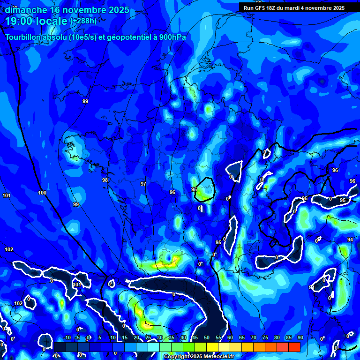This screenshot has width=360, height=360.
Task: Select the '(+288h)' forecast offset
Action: [83, 21]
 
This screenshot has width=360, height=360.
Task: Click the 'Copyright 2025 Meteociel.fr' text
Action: [199, 357]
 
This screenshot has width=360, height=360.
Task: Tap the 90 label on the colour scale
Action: [300, 338]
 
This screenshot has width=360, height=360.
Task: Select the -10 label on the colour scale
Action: [67, 338]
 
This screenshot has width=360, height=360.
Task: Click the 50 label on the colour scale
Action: [207, 338]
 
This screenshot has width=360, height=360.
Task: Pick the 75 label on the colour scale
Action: [265, 338]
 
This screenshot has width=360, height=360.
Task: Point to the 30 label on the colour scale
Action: [160, 338]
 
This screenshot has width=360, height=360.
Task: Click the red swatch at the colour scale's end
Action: [294, 347]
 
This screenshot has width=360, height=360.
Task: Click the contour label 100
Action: [42, 193]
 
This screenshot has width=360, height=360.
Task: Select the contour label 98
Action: [105, 180]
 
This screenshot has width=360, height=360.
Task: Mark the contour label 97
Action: [143, 184]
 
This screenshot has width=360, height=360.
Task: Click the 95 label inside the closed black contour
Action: [194, 189]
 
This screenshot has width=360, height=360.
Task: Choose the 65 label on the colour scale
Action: [242, 338]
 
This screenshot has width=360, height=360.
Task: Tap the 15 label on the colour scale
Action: [125, 338]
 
